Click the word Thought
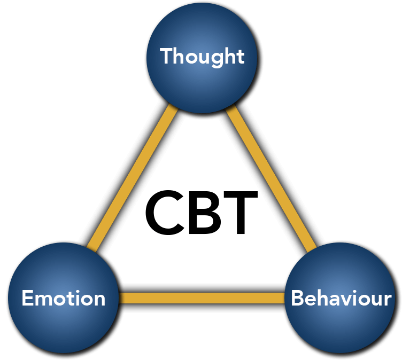click(x=202, y=56)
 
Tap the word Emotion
click(x=63, y=298)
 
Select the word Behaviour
click(x=341, y=298)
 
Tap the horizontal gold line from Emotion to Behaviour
click(x=202, y=298)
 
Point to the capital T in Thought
click(x=166, y=56)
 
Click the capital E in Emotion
click(x=27, y=298)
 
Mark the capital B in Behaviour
click(x=297, y=298)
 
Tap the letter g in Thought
click(x=216, y=58)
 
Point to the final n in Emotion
click(x=99, y=299)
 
